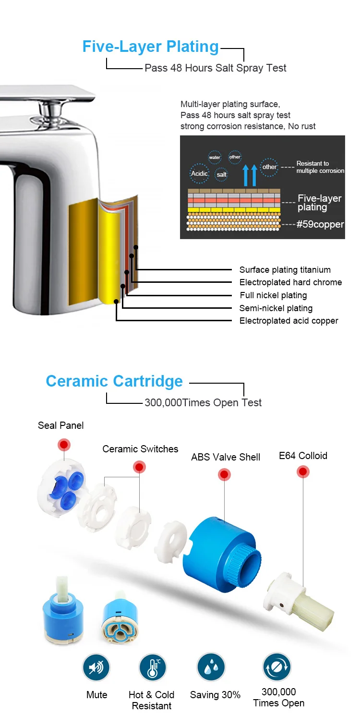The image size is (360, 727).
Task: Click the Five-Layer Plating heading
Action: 150,47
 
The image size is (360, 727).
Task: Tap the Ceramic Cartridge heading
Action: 114,381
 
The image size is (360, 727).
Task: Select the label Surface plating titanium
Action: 285,270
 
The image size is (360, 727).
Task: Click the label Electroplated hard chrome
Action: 290,282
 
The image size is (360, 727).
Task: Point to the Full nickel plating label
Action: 273,295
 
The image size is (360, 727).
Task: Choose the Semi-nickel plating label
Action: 276,308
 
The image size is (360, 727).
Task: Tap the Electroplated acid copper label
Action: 288,321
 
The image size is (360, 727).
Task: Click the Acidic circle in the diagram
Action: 199,173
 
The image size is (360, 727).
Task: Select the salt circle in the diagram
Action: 221,175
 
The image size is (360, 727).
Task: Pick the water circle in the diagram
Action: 215,158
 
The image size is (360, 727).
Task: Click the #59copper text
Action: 320,224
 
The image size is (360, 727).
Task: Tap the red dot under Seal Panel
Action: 64,444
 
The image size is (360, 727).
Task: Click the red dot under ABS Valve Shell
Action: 224,475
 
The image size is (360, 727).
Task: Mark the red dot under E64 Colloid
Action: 303,472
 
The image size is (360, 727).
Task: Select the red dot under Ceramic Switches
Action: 140,467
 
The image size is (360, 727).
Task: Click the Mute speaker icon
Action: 96,667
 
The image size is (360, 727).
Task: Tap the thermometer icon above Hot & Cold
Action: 152,667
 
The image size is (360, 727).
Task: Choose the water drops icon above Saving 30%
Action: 211,667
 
